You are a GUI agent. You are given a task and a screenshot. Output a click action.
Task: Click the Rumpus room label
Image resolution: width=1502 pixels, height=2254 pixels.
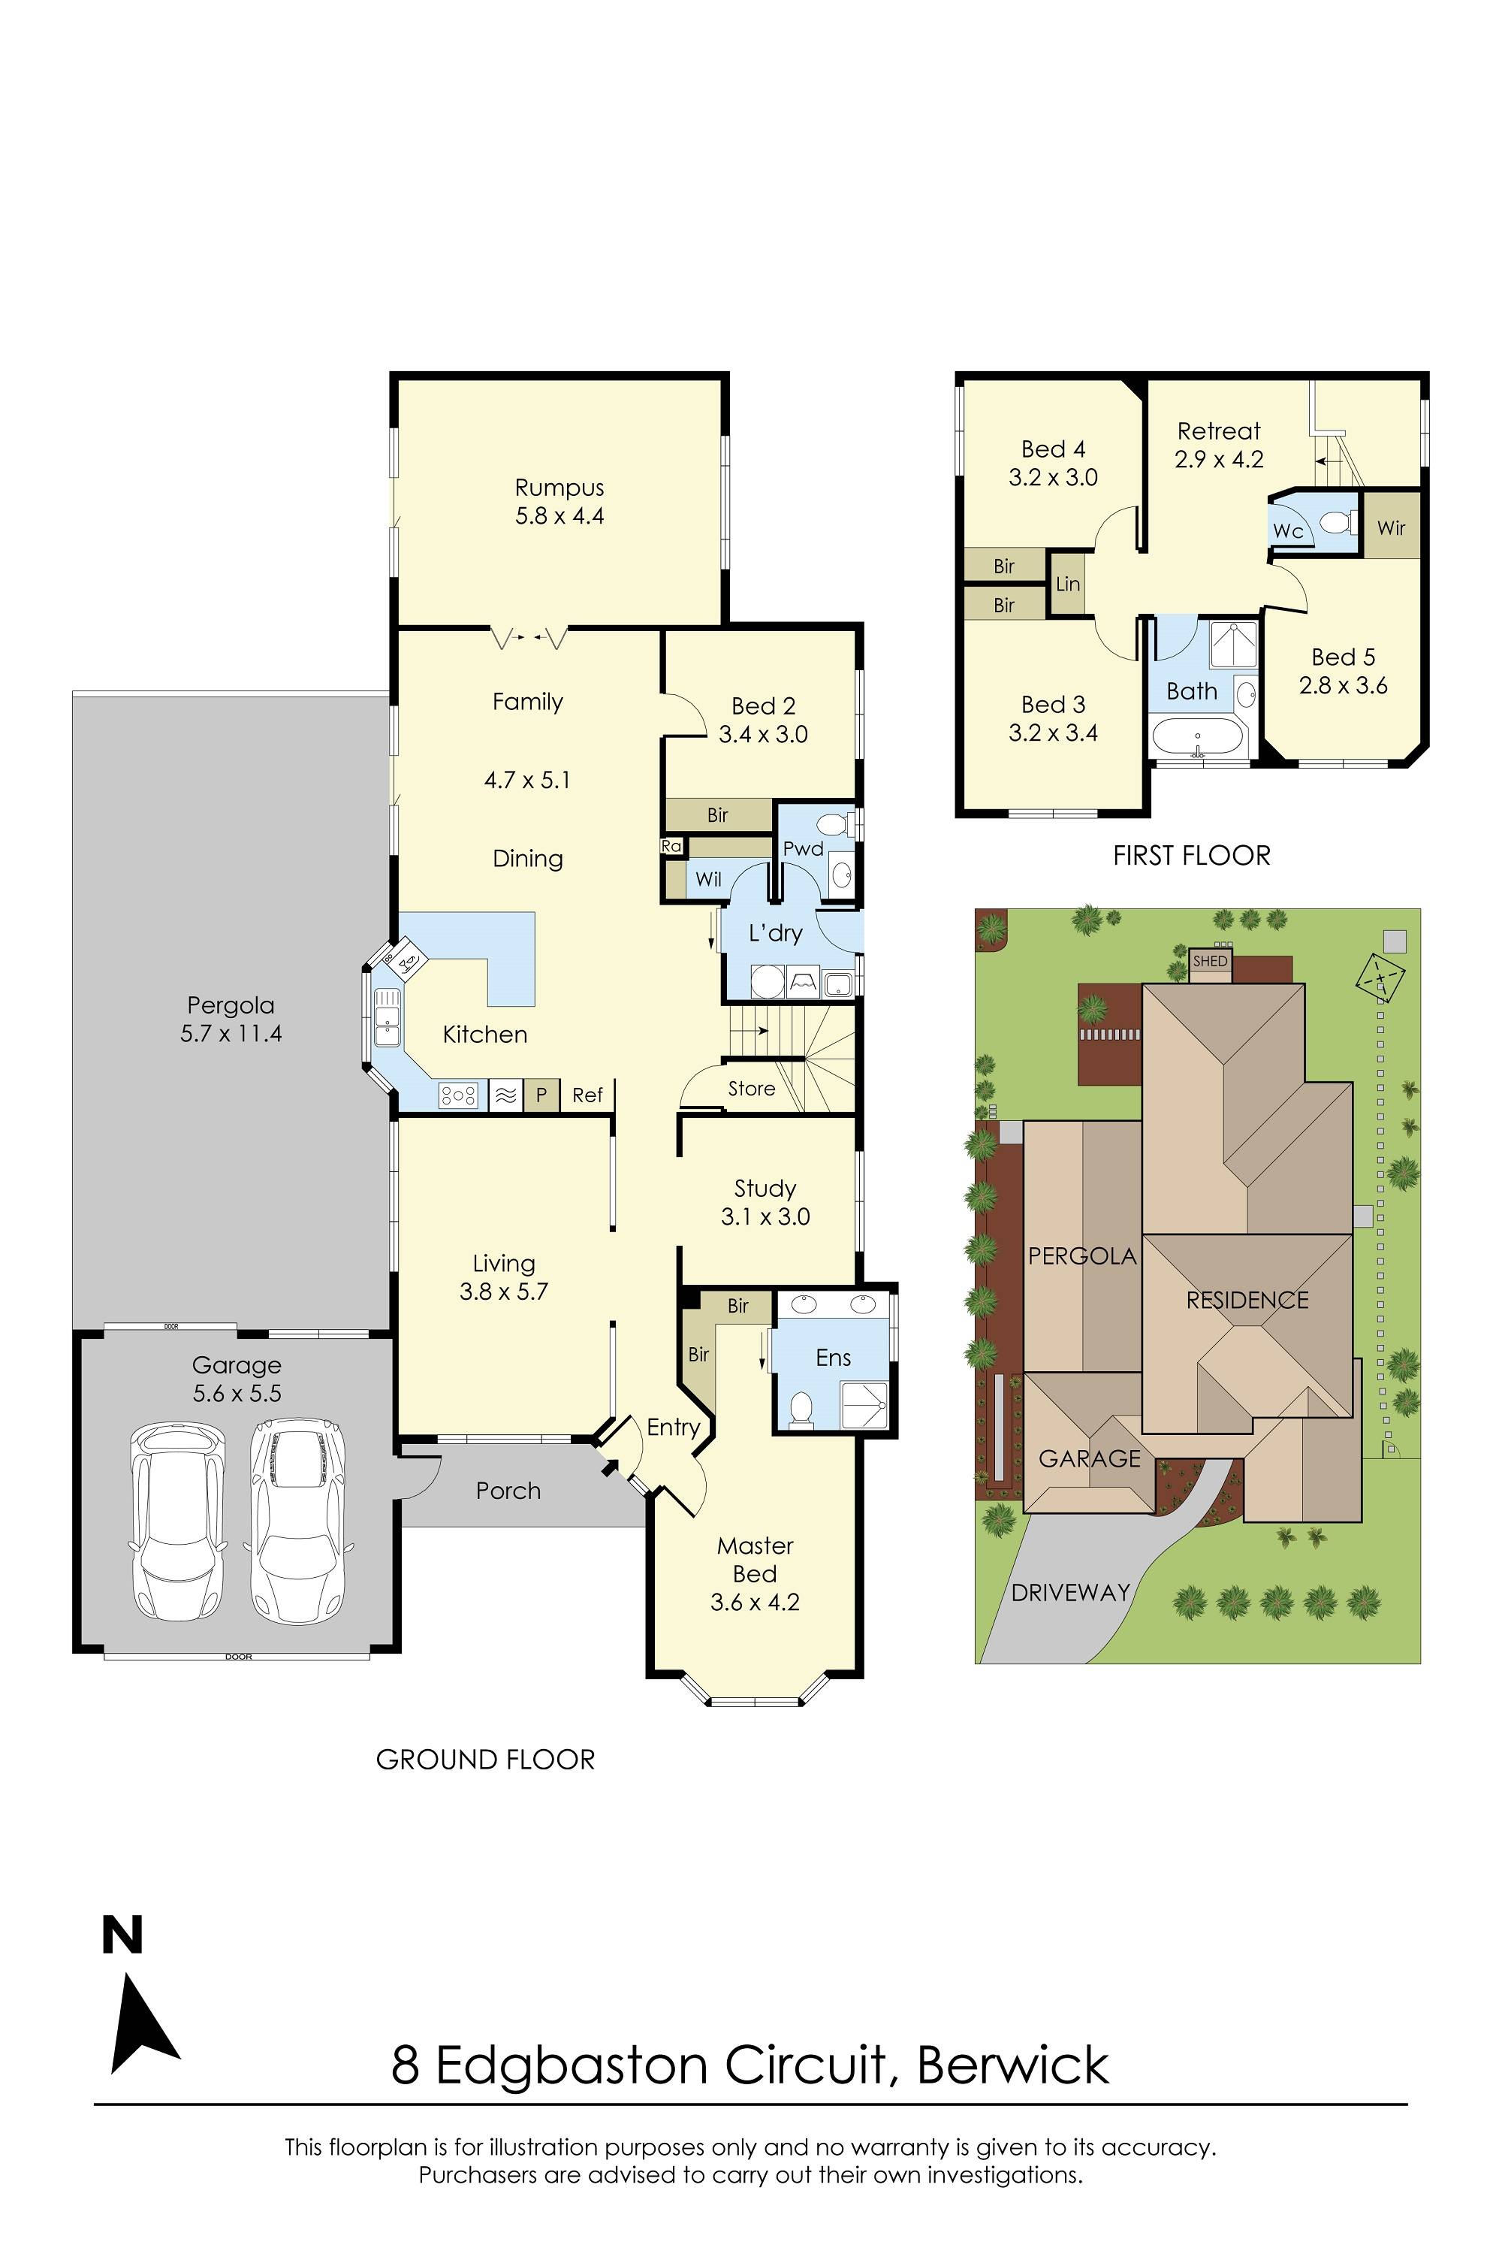coord(559,488)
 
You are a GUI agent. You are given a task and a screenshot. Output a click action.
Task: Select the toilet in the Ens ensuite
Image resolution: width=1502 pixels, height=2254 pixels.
coord(802,1406)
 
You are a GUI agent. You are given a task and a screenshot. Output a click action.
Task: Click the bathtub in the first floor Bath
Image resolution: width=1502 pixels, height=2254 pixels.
coord(1197,738)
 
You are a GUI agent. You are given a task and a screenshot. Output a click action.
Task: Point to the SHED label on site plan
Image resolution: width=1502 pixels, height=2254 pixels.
coord(1210,960)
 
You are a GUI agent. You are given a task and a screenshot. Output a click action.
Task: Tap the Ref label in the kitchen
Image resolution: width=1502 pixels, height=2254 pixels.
coord(587,1095)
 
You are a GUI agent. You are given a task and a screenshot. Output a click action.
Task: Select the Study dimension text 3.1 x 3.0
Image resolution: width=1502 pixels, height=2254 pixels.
coord(765,1216)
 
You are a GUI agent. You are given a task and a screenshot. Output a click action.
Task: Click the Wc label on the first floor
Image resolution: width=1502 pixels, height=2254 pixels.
coord(1287,531)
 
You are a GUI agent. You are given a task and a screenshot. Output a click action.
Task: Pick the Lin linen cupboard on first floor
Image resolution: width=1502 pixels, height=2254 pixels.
coord(1068,584)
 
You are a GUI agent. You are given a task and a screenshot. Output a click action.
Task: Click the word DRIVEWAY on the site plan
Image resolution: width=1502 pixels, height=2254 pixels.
coord(1070,1593)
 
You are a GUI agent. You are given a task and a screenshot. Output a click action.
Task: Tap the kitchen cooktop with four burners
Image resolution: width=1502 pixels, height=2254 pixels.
coord(459,1095)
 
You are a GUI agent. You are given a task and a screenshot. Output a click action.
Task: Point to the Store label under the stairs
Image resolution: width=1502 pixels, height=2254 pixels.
coord(751,1089)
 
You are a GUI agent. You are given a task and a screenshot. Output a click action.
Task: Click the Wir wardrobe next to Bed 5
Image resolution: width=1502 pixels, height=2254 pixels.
coord(1391,527)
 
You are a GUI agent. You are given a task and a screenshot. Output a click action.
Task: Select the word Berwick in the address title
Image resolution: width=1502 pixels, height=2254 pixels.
coord(1012,2065)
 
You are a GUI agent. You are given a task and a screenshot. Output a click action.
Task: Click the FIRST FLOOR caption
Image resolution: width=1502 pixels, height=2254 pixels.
coord(1190,856)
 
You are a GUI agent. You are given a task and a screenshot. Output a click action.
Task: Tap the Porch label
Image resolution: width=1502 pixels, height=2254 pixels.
coord(508,1490)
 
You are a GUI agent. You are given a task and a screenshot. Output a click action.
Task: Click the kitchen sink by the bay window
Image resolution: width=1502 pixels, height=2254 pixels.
coord(387,1018)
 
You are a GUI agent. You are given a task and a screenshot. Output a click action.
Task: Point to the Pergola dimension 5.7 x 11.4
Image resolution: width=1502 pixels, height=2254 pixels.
coord(231,1033)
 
